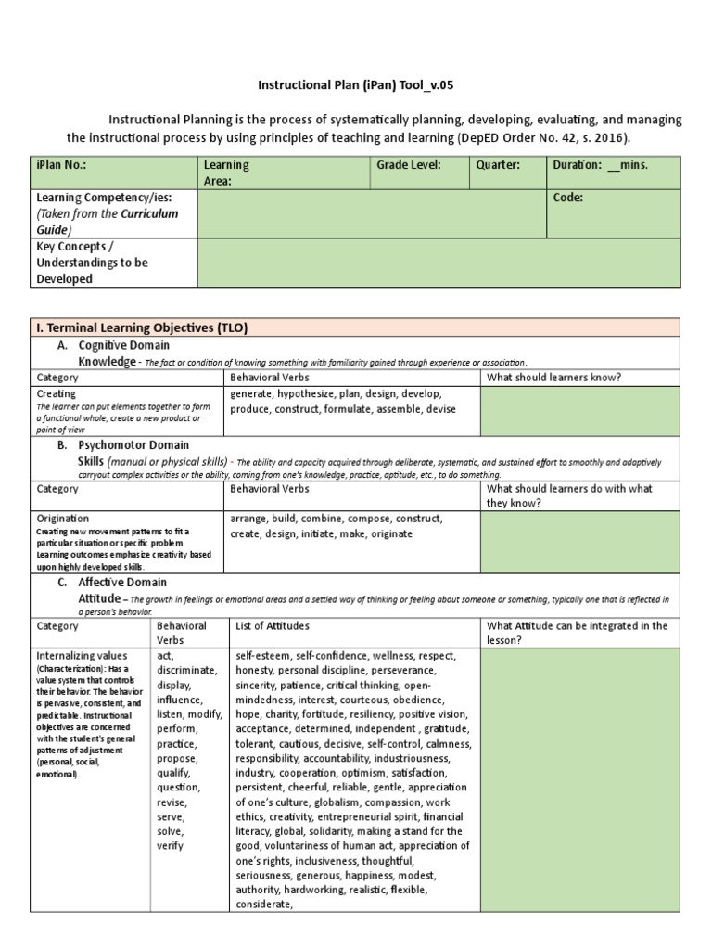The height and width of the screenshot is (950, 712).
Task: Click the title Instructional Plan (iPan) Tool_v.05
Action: [x=356, y=85]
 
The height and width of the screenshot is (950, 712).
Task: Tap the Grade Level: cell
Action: [x=408, y=165]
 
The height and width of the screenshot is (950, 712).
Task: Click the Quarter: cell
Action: [x=498, y=165]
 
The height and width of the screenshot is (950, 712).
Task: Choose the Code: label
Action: [x=567, y=198]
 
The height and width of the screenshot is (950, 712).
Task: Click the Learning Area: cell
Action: [x=226, y=173]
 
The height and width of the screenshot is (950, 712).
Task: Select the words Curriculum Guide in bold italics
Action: [x=107, y=221]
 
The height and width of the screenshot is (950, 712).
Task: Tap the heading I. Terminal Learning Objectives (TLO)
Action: [x=140, y=327]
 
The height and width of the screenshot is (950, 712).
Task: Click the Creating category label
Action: [x=56, y=393]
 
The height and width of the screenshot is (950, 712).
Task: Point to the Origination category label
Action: [x=62, y=518]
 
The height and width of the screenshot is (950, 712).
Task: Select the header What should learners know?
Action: [x=553, y=378]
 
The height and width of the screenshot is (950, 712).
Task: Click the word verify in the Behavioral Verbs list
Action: [x=171, y=845]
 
